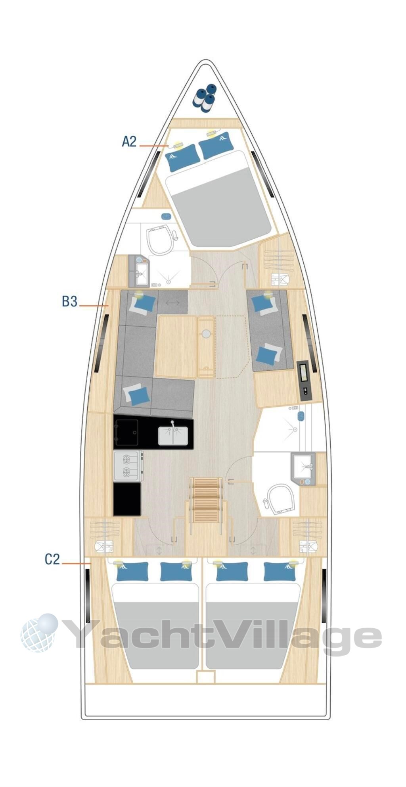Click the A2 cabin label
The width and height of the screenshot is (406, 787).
click(129, 142)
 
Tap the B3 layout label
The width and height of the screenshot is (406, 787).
click(69, 302)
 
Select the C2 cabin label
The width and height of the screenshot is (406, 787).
click(52, 559)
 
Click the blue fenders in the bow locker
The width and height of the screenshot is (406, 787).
click(204, 97)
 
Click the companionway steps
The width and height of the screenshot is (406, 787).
click(206, 500)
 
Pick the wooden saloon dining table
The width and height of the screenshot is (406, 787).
click(176, 346)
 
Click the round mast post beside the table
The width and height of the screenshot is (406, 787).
click(206, 334)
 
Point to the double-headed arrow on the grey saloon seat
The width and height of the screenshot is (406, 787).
click(172, 303)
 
